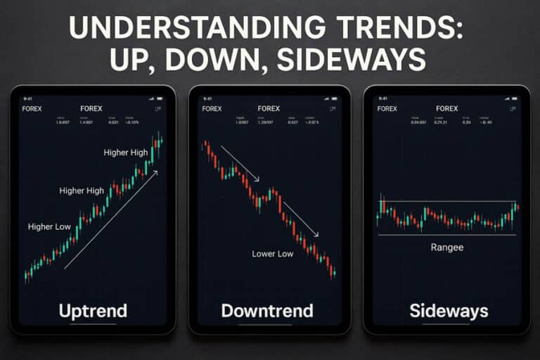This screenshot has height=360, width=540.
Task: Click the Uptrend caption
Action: [92, 310]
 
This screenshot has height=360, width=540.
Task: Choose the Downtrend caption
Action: [269, 310]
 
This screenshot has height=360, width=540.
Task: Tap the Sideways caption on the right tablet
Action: [447, 310]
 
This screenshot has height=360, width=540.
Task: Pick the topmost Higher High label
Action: [125, 153]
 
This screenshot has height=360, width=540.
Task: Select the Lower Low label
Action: [273, 253]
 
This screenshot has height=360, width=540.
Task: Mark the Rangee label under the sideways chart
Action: [447, 247]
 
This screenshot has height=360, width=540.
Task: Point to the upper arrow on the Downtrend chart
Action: [240, 163]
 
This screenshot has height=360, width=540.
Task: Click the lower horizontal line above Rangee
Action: [447, 235]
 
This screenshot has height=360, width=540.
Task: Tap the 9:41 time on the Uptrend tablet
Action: [28, 98]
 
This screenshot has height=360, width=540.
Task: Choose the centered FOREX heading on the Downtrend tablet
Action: [269, 109]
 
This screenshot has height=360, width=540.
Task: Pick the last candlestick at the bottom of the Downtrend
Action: [334, 272]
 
